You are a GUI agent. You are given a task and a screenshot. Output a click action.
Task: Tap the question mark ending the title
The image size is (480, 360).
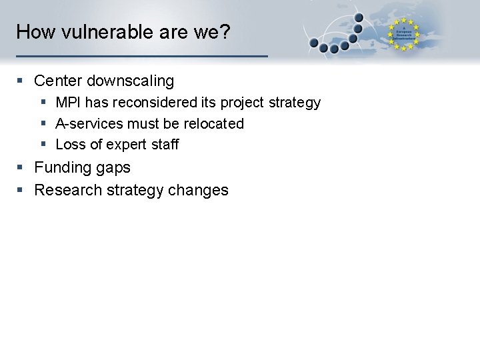225,32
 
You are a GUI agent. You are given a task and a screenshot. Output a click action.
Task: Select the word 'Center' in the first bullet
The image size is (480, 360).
58,81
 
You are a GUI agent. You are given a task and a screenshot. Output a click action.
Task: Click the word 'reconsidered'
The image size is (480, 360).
139,103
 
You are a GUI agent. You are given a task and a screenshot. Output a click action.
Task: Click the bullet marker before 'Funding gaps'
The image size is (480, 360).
21,167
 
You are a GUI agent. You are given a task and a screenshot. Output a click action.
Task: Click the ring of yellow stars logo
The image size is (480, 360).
404,34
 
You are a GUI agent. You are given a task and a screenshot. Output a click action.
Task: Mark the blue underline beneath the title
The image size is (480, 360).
141,55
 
